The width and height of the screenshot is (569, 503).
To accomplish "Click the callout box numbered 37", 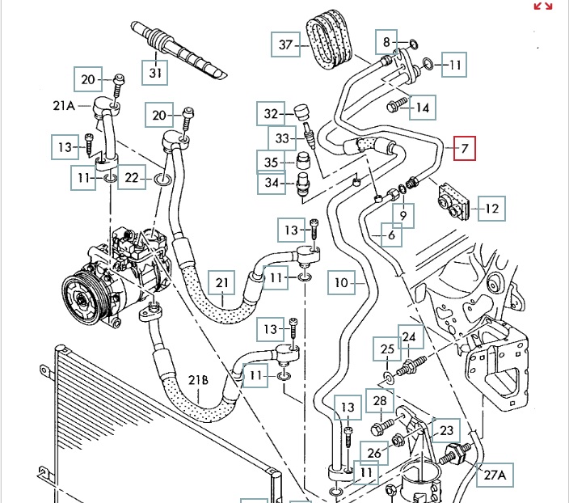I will pos(284,44).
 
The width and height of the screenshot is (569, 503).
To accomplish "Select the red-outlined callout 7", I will pos(465,149).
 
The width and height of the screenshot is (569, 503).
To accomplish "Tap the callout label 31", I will pos(156,73).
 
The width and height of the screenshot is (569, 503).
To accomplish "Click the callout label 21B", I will pos(199,380).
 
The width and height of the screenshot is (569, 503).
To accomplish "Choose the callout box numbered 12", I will pos(492,209).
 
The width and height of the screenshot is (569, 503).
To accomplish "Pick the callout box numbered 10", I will pos(342,282).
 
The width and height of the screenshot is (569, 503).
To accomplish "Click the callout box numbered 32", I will pos(271,114).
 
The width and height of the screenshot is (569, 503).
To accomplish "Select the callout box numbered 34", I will pos(271,184).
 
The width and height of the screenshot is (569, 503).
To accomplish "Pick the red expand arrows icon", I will pos(543,6).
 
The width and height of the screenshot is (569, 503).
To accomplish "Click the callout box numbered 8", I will pos(387,41).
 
